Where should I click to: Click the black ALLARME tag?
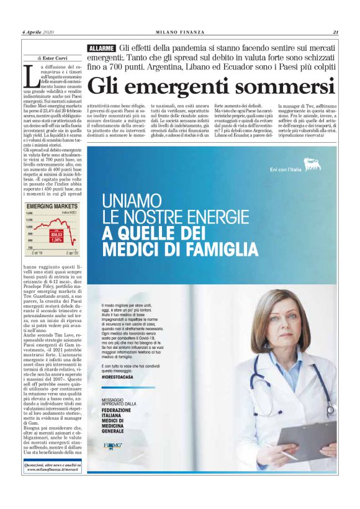pos(101,48)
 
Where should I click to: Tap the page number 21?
pos(335,32)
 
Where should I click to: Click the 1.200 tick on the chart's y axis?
pos(29,214)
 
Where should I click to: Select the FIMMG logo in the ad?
pos(113,445)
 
